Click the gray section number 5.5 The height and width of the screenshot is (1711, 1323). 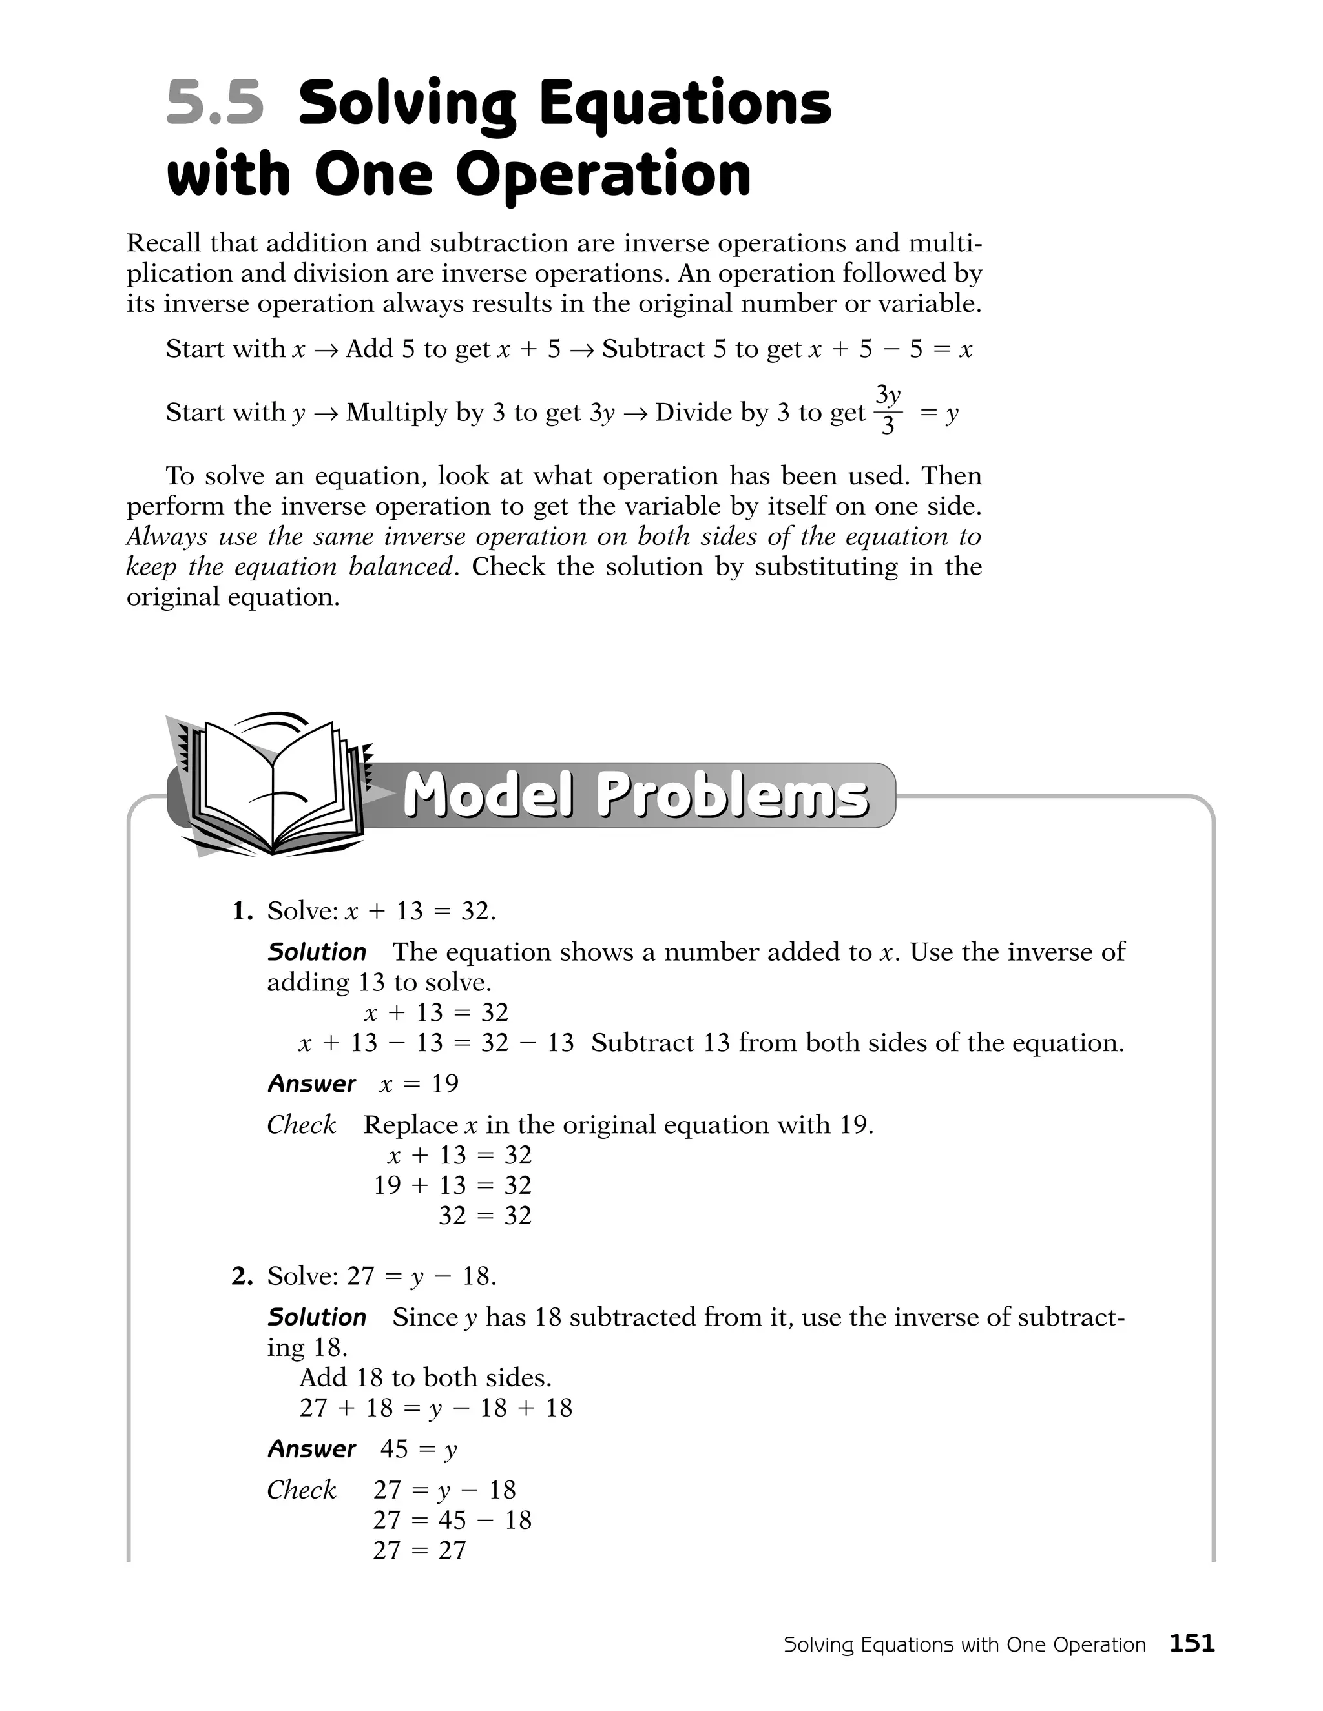(x=214, y=104)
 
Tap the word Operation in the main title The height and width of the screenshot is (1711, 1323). (x=603, y=174)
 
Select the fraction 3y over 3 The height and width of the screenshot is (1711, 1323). (x=887, y=411)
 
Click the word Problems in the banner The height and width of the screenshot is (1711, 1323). (x=732, y=797)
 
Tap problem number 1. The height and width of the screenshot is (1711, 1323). (x=242, y=911)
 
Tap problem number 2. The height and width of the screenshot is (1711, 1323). (x=242, y=1277)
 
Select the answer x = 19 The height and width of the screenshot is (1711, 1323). (x=419, y=1084)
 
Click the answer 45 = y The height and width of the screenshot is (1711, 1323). (x=418, y=1450)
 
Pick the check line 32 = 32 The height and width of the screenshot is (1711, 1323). (x=484, y=1216)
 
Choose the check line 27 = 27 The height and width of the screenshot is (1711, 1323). (x=419, y=1550)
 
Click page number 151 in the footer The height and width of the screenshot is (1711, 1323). (x=1191, y=1643)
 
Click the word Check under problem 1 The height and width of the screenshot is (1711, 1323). (x=301, y=1125)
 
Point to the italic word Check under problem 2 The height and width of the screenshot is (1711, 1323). (x=301, y=1490)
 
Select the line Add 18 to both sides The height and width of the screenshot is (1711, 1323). (x=426, y=1377)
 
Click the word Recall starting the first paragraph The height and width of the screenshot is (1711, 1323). (x=162, y=243)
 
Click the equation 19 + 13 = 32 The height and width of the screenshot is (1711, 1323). (x=452, y=1185)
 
